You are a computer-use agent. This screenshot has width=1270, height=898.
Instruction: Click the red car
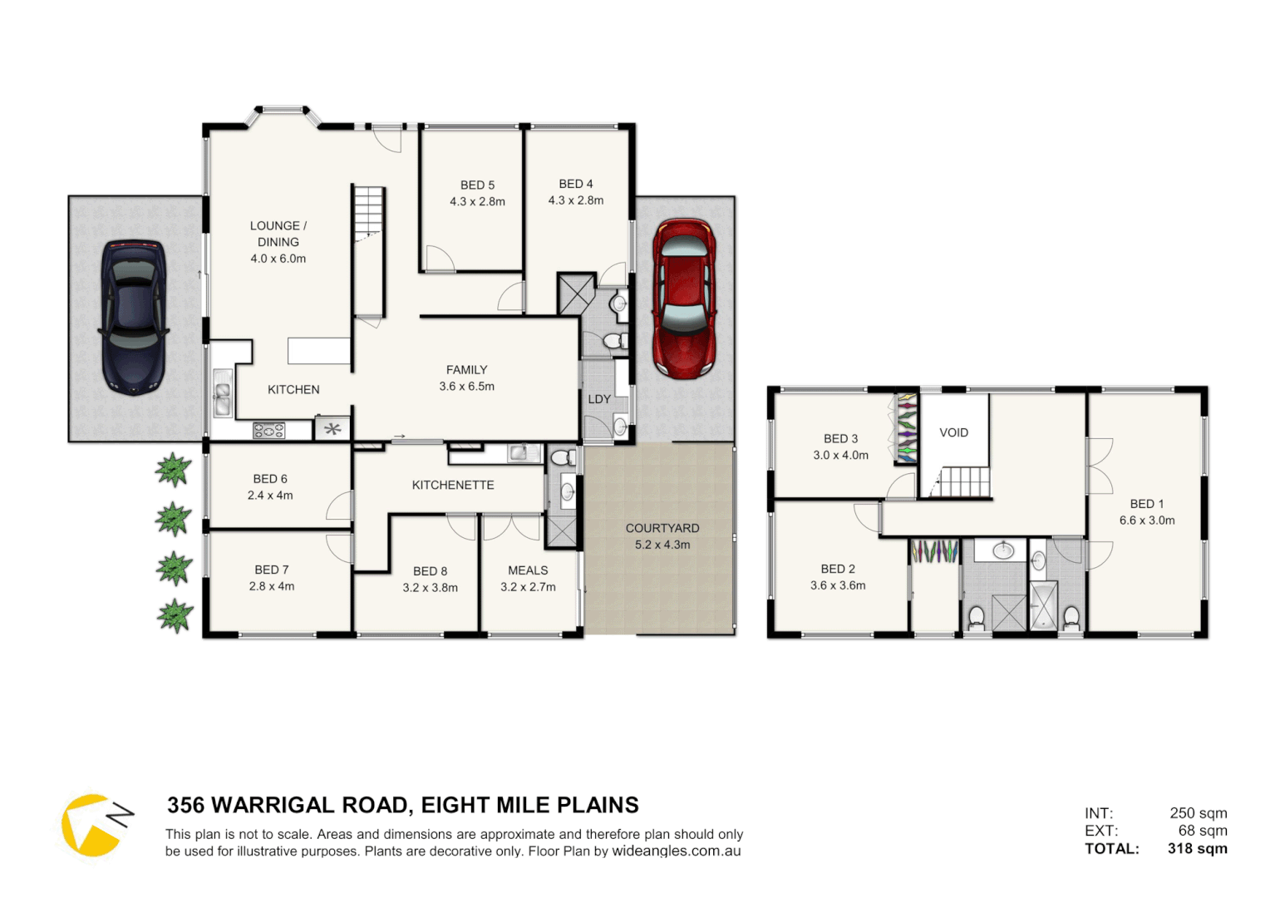pos(683,298)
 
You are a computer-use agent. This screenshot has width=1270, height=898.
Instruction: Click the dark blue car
pos(134,317)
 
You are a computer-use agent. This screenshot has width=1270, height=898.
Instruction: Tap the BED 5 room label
pos(477,185)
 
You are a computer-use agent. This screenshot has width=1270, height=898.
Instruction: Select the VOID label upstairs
pos(953,432)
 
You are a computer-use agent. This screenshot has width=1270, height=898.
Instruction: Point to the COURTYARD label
pos(662,528)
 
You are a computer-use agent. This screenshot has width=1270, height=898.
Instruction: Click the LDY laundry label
pos(599,399)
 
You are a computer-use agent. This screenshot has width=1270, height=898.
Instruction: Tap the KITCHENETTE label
pos(453,485)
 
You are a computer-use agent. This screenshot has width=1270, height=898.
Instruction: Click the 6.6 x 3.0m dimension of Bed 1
pos(1146,521)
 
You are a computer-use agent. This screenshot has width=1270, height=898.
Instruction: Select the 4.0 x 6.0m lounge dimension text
pos(278,259)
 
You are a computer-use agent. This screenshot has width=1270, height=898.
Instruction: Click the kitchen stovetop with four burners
pos(268,430)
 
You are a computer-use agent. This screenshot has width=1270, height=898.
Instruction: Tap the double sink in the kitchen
pos(222,393)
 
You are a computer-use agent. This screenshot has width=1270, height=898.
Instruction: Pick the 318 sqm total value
pos(1197,849)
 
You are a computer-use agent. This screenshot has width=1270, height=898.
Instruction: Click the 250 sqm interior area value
pos(1198,813)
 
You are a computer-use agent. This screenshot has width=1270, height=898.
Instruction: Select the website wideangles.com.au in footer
pos(676,851)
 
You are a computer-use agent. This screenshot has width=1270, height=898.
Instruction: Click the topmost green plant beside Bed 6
pos(173,470)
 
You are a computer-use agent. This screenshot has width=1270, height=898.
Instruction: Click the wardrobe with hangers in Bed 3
pos(905,428)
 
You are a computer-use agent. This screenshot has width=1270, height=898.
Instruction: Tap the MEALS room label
pos(528,570)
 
